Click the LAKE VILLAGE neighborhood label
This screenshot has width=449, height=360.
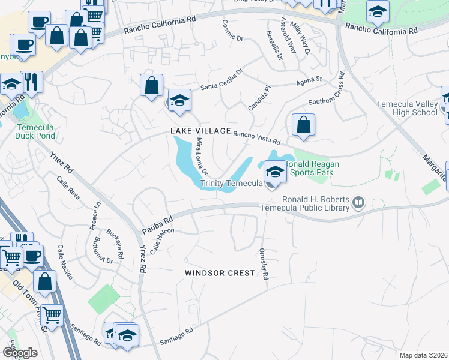point(200,131)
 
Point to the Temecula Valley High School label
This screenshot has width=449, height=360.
point(407,108)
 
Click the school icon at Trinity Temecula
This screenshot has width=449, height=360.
point(275,172)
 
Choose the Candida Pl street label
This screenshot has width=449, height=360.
point(260,97)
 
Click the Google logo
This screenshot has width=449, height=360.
point(20,353)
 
